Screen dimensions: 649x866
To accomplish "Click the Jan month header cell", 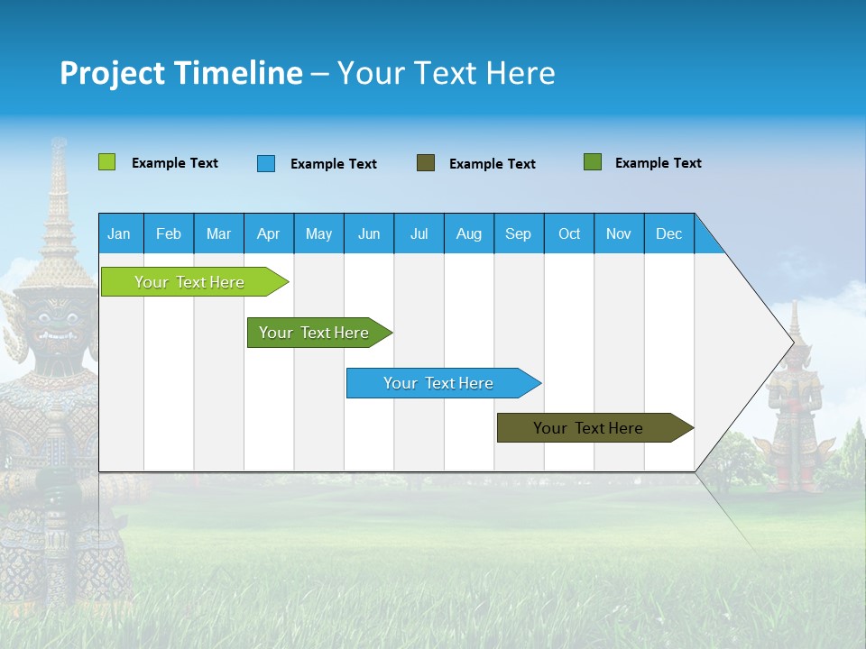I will click(x=120, y=233).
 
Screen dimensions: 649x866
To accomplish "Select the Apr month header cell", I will click(x=269, y=233).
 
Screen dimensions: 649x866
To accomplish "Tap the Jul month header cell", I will click(x=419, y=233).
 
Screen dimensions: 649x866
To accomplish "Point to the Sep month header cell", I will click(x=519, y=233).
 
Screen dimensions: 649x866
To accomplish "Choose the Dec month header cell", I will click(x=668, y=233).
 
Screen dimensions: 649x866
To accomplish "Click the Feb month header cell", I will click(x=169, y=233).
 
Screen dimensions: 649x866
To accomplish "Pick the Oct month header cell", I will click(x=569, y=233).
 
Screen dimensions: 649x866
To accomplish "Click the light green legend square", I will click(x=106, y=162).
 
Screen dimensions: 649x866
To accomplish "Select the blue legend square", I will click(x=266, y=163).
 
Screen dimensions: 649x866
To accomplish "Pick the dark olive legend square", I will click(x=426, y=163).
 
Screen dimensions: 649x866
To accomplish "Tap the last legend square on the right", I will click(x=593, y=162).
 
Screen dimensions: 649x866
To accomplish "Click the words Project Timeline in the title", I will click(x=180, y=73).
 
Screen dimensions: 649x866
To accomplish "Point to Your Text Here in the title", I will click(x=447, y=73).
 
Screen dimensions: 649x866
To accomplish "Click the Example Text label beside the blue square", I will click(x=333, y=164).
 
